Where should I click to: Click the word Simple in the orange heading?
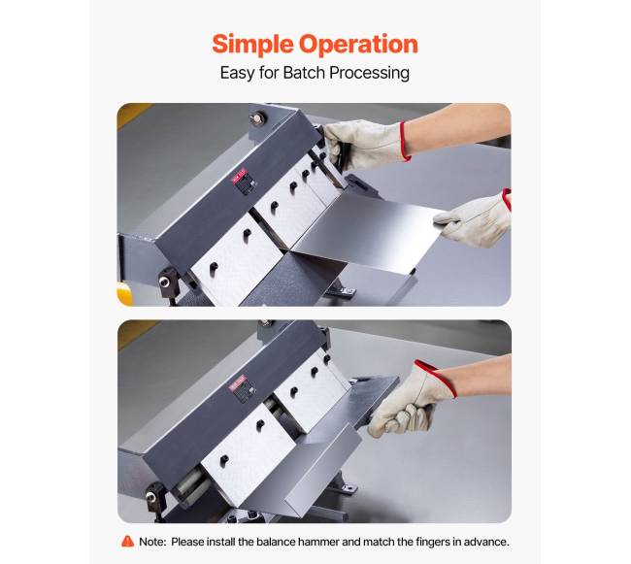point(253,45)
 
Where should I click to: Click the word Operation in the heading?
point(358,45)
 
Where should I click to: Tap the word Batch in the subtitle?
point(304,73)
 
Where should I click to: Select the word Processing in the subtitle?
point(370,74)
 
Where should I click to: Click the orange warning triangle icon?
point(127,541)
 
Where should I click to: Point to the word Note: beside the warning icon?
point(152,542)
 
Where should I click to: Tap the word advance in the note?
point(486,542)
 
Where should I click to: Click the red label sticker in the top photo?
point(239,175)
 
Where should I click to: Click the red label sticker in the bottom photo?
point(237,382)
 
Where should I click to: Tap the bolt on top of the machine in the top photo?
point(256,118)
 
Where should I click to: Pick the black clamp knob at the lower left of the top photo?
point(168,282)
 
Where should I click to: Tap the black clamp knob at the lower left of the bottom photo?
point(154,497)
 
